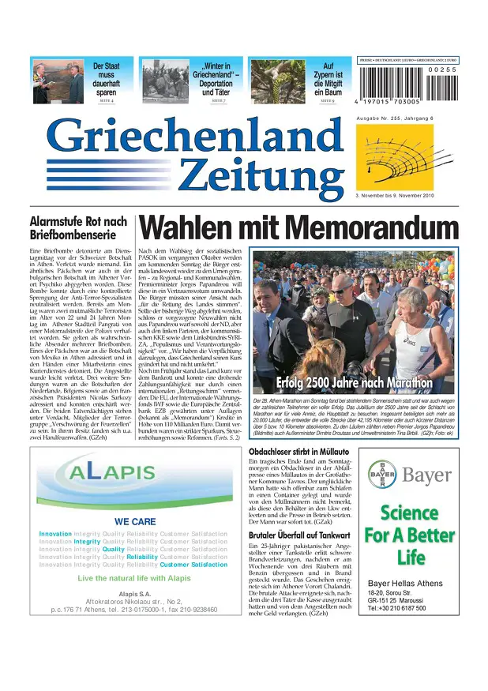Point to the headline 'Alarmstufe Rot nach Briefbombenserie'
[77, 228]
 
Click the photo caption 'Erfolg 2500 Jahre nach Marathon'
[355, 383]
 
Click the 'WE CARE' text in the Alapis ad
[135, 521]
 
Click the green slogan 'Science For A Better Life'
[411, 535]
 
